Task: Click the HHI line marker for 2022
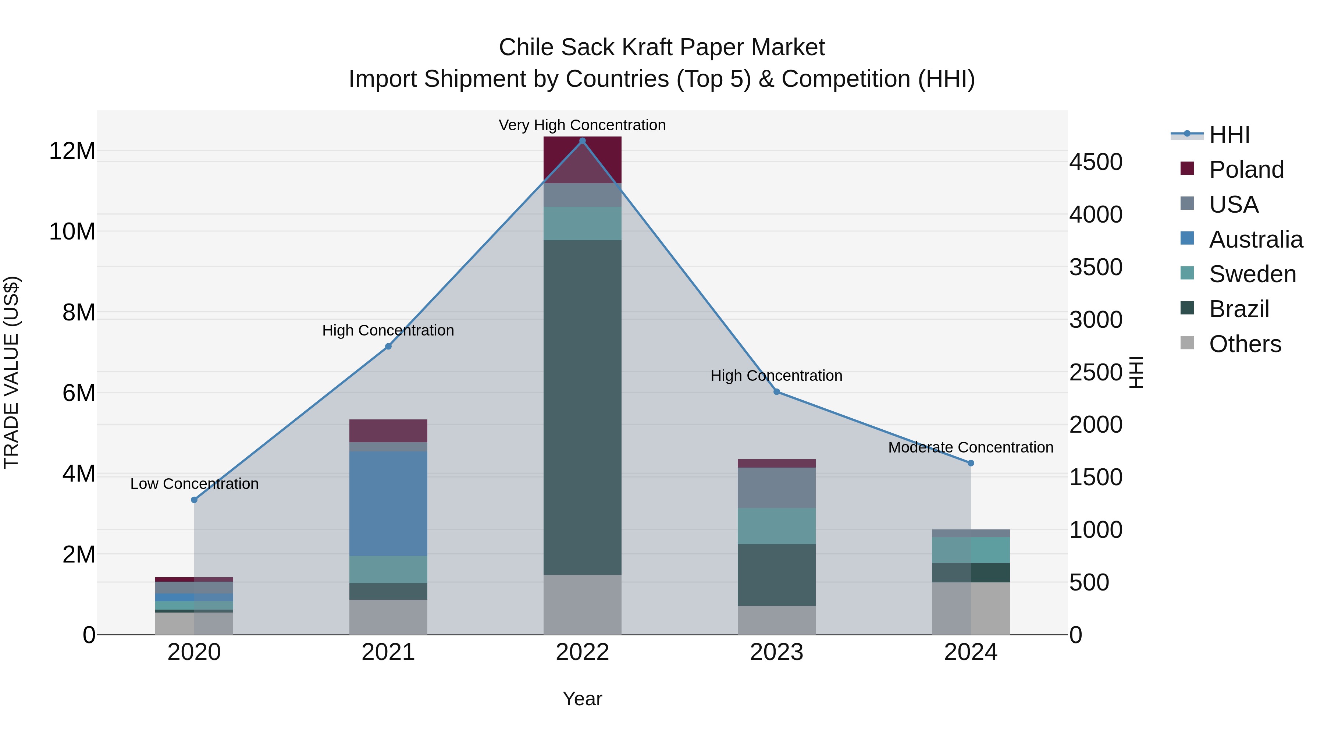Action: click(582, 141)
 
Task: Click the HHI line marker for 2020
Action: click(194, 500)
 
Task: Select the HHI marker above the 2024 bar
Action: click(971, 463)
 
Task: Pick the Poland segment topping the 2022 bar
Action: click(582, 159)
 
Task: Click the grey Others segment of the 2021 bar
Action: click(388, 617)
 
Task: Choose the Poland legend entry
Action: click(1246, 170)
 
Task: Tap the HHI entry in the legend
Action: click(1228, 135)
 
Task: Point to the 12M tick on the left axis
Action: click(72, 151)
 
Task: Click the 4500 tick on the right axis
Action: click(1096, 162)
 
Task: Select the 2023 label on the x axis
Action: click(777, 652)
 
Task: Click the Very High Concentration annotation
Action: click(582, 125)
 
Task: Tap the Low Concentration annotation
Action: click(194, 484)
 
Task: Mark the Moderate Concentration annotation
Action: click(971, 447)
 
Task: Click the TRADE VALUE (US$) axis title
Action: click(11, 372)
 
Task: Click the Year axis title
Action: click(582, 699)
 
